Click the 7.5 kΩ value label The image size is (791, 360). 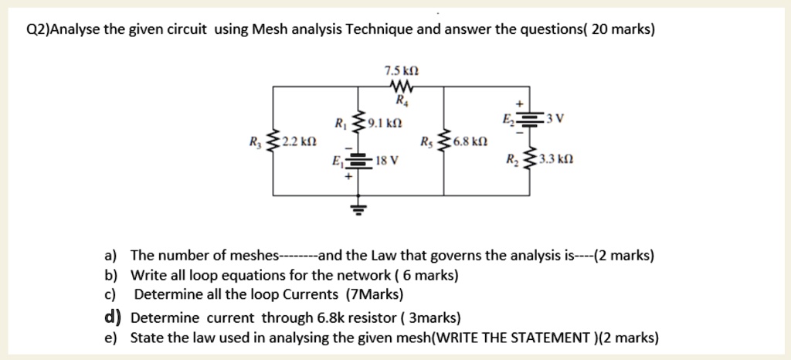(x=401, y=71)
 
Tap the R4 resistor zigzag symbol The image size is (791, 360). (x=401, y=86)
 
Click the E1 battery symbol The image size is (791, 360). (x=357, y=161)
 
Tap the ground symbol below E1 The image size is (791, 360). (x=357, y=207)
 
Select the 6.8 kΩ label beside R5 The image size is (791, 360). (x=470, y=143)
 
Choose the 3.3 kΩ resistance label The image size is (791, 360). (x=555, y=161)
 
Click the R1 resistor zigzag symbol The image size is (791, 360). (x=357, y=123)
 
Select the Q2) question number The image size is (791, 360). (x=38, y=30)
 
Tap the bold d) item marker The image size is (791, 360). (x=112, y=317)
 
